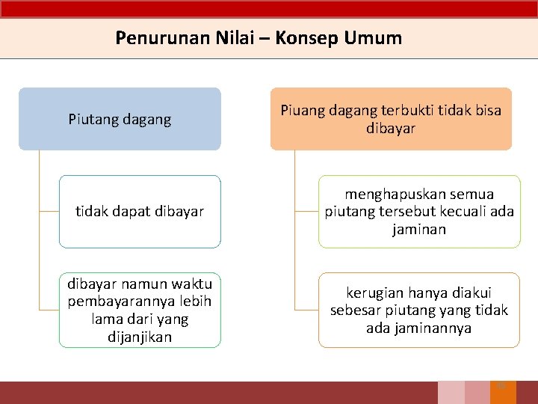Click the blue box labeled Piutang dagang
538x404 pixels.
(x=120, y=119)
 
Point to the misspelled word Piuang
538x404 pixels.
(x=301, y=111)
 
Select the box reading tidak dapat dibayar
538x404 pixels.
(x=140, y=212)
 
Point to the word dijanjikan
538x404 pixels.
(x=140, y=337)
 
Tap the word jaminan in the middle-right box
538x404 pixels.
(x=419, y=230)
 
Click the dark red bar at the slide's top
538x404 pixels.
(x=269, y=8)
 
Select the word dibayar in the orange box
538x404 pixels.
(x=390, y=129)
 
